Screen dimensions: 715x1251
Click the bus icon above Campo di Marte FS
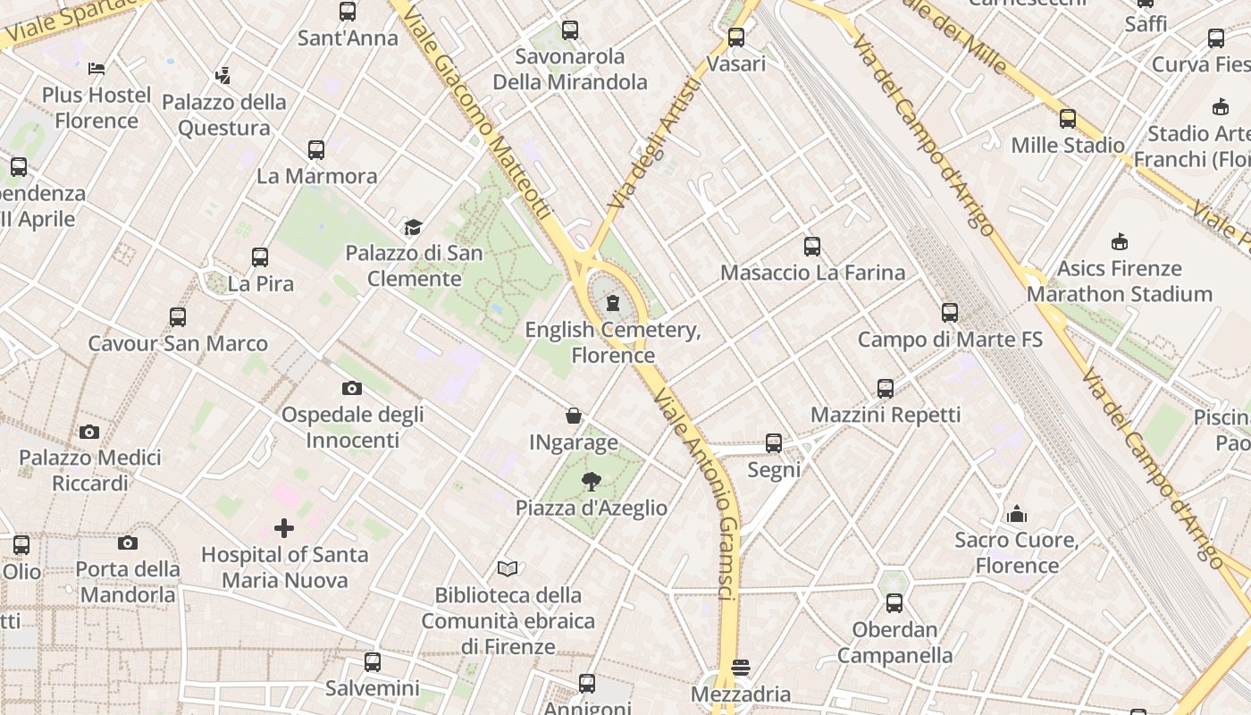pos(949,313)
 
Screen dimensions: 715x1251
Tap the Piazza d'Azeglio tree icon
pos(591,483)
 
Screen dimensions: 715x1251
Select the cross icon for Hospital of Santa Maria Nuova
pos(284,528)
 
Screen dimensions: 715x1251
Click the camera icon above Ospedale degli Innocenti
pos(352,388)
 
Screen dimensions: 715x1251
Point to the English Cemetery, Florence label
pos(613,342)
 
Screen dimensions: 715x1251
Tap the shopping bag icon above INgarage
pos(574,416)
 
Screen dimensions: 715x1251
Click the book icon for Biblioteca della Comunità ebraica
pos(508,568)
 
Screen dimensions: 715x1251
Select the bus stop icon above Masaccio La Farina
pos(811,246)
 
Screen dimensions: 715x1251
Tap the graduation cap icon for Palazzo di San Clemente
pos(412,227)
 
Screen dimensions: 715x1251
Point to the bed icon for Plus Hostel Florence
pos(97,69)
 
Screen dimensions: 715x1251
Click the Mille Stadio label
pos(1068,145)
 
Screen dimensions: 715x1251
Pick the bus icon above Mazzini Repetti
pos(885,389)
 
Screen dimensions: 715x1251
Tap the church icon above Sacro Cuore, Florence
pos(1017,514)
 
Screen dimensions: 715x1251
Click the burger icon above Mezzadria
pos(740,668)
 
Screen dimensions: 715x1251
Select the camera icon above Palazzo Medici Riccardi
pos(89,432)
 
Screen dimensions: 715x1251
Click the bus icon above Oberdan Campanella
pos(894,603)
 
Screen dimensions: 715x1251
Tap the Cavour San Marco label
pos(178,343)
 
